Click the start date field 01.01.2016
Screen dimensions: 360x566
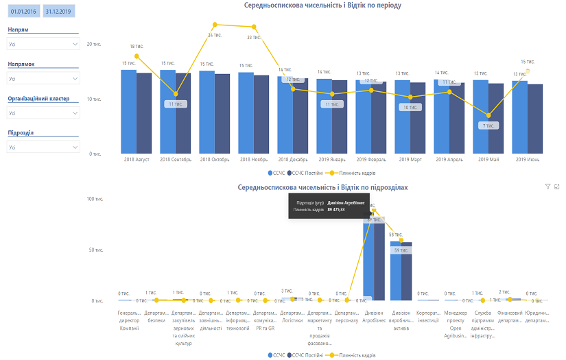pyautogui.click(x=23, y=12)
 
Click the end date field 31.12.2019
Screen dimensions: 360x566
pyautogui.click(x=58, y=12)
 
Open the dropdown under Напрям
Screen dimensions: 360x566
pyautogui.click(x=43, y=44)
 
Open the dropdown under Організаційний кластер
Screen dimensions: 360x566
pyautogui.click(x=43, y=112)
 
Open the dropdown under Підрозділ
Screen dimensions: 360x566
pyautogui.click(x=43, y=147)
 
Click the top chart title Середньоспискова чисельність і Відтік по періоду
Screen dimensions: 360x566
pyautogui.click(x=322, y=5)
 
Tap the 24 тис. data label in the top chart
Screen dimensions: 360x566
pyautogui.click(x=215, y=34)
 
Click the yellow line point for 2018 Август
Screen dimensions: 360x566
pyautogui.click(x=137, y=56)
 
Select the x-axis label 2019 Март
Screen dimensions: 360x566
pyautogui.click(x=410, y=159)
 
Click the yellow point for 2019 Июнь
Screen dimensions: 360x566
pyautogui.click(x=528, y=71)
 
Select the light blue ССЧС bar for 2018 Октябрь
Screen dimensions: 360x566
pyautogui.click(x=207, y=112)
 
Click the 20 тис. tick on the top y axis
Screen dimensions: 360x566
pyautogui.click(x=94, y=44)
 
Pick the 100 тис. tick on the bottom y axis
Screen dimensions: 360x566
pyautogui.click(x=94, y=199)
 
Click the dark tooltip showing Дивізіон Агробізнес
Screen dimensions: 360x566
pyautogui.click(x=330, y=206)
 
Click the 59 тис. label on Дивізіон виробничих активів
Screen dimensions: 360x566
pyautogui.click(x=401, y=251)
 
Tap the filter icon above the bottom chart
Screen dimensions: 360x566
pyautogui.click(x=547, y=187)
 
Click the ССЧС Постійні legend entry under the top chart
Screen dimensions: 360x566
pyautogui.click(x=298, y=173)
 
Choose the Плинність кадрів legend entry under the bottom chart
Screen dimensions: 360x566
pyautogui.click(x=353, y=355)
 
